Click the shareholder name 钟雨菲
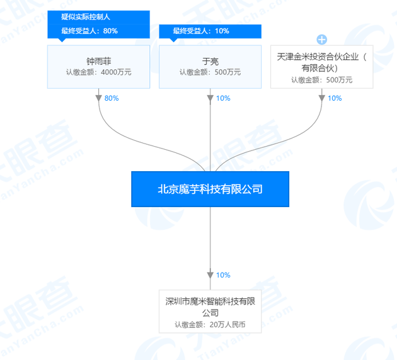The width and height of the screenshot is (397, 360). pyautogui.click(x=98, y=61)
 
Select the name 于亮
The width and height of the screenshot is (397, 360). pyautogui.click(x=210, y=61)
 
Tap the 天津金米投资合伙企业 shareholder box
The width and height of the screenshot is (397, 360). pyautogui.click(x=321, y=66)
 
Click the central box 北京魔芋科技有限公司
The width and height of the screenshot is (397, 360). pyautogui.click(x=210, y=189)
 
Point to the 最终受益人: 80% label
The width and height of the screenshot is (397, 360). pyautogui.click(x=89, y=30)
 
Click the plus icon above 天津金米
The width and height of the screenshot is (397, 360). pyautogui.click(x=322, y=39)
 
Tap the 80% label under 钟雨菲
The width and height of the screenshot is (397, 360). pyautogui.click(x=112, y=98)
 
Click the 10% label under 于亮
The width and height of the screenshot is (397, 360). pyautogui.click(x=223, y=98)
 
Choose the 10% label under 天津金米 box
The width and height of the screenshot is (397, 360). pyautogui.click(x=335, y=98)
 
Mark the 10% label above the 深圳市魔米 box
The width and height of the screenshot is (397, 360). pyautogui.click(x=223, y=275)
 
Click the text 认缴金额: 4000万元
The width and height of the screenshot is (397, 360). pyautogui.click(x=98, y=72)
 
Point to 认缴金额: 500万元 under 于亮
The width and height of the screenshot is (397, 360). pyautogui.click(x=210, y=72)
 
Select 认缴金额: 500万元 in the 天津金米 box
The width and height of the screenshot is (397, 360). pyautogui.click(x=321, y=80)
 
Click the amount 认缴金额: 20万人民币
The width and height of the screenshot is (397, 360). pyautogui.click(x=210, y=325)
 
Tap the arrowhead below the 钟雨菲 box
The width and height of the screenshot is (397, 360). pyautogui.click(x=99, y=98)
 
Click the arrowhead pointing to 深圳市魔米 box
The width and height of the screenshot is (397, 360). pyautogui.click(x=210, y=275)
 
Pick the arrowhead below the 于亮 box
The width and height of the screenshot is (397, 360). pyautogui.click(x=210, y=98)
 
